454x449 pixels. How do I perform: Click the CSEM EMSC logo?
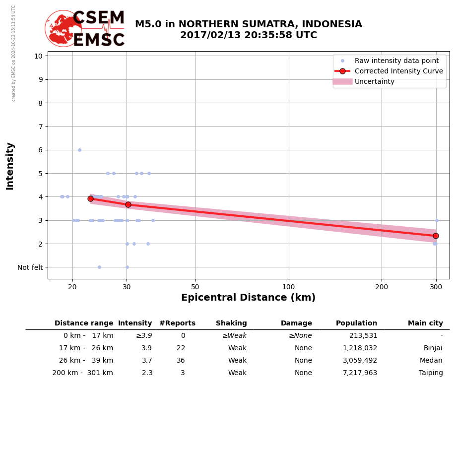(85, 29)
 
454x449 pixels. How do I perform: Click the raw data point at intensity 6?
(79, 150)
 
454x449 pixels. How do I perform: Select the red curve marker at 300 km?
(436, 236)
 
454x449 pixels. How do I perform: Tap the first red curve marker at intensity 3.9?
(90, 198)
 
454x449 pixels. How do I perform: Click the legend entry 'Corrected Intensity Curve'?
(398, 71)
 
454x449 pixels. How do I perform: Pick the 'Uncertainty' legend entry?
(374, 81)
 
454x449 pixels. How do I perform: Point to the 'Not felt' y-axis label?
(30, 267)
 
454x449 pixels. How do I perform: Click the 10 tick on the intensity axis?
(38, 56)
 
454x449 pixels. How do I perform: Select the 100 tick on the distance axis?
(289, 286)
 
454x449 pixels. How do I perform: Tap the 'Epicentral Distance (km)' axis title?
(248, 298)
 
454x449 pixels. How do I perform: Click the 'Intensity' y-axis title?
(10, 166)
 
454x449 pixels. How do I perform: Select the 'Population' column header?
(356, 323)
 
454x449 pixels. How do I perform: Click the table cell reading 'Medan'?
(431, 361)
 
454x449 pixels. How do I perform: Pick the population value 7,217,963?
(360, 373)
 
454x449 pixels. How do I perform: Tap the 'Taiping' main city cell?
(431, 373)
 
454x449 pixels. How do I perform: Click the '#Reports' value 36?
(181, 361)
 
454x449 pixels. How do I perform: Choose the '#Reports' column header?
(177, 323)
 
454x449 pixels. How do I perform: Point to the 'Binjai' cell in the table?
(433, 348)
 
